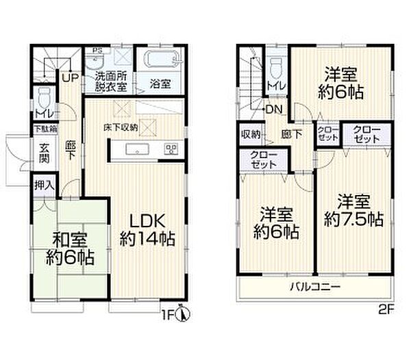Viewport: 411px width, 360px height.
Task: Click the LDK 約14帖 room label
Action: click(148, 231)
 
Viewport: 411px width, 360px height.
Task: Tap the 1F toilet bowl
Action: click(43, 94)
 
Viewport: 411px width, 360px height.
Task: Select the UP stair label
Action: click(69, 78)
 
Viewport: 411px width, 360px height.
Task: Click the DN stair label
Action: click(274, 109)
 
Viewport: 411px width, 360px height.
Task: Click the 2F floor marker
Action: click(387, 309)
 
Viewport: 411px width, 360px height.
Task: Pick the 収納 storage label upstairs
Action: click(249, 134)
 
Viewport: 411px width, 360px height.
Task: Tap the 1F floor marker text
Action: click(169, 316)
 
